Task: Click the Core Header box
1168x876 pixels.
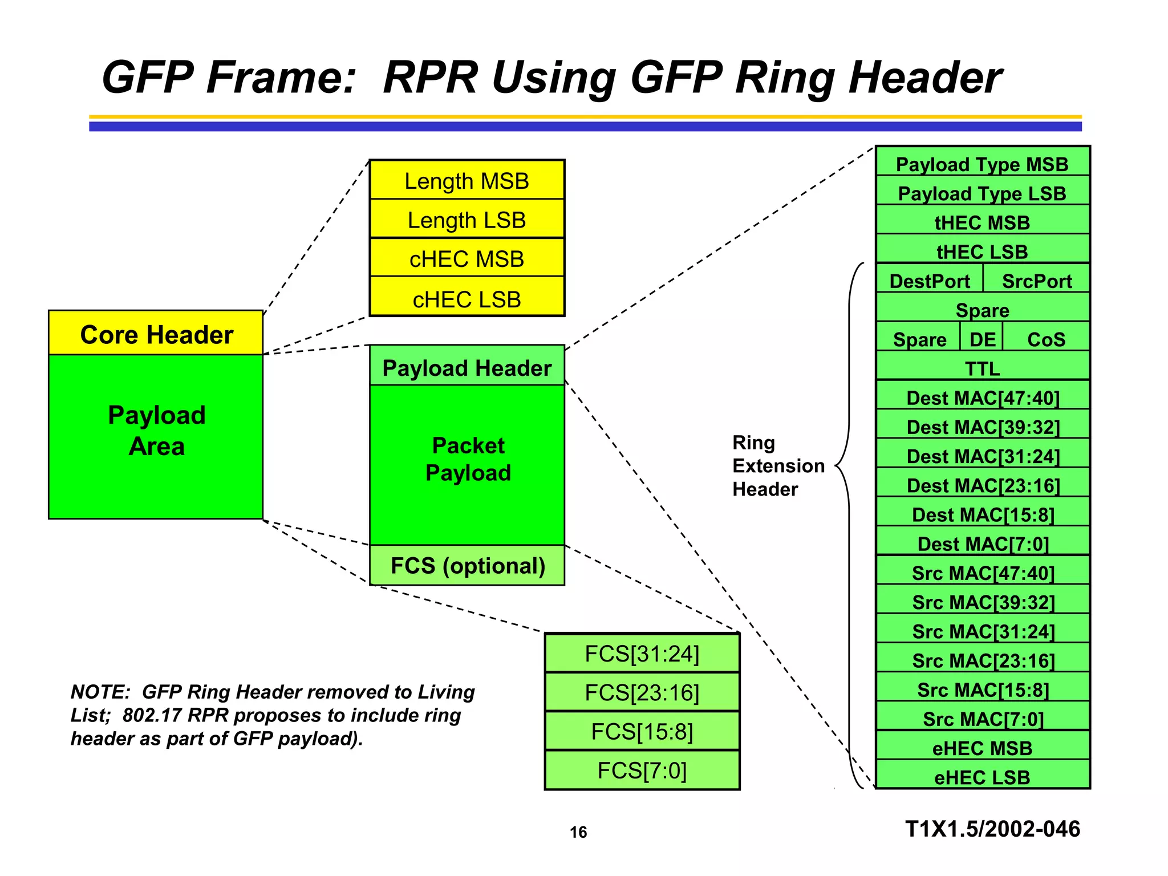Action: click(x=156, y=334)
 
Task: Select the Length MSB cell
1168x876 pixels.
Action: click(x=467, y=180)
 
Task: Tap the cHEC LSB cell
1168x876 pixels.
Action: click(x=467, y=298)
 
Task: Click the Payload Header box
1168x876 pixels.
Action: click(x=467, y=367)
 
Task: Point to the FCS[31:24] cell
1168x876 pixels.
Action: click(x=642, y=654)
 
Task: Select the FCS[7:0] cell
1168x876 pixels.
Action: click(x=642, y=770)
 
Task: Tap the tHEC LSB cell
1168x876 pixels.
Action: click(x=982, y=250)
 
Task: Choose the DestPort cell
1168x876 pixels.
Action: click(x=930, y=279)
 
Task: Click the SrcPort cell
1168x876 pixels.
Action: click(x=1036, y=279)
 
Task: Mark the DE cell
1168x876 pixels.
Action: click(x=982, y=338)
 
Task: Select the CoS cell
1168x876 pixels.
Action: click(x=1046, y=338)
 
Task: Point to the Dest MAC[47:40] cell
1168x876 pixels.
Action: click(x=982, y=396)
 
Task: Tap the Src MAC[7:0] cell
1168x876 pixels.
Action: click(x=982, y=717)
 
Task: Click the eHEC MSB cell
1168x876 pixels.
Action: click(x=982, y=747)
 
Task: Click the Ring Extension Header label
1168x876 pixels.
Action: click(x=778, y=465)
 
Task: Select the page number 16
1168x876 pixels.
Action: click(x=578, y=832)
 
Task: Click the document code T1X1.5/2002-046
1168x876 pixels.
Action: click(x=992, y=829)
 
